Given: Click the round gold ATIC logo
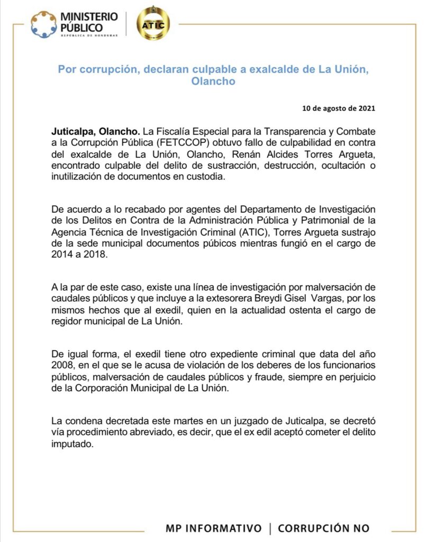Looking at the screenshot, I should [153, 24].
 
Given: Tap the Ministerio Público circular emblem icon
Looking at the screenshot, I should [43, 24].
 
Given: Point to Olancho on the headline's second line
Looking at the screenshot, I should [214, 82].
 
